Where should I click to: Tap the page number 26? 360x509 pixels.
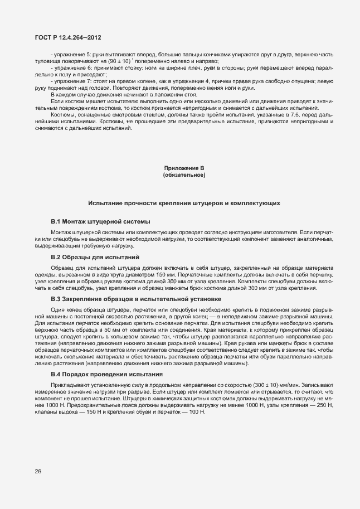pos(38,472)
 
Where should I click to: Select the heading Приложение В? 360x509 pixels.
pos(184,168)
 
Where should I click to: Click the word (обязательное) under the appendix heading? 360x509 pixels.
pos(184,175)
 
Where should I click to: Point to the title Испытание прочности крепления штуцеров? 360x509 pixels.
pos(184,203)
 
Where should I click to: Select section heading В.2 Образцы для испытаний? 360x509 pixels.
pos(95,257)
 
